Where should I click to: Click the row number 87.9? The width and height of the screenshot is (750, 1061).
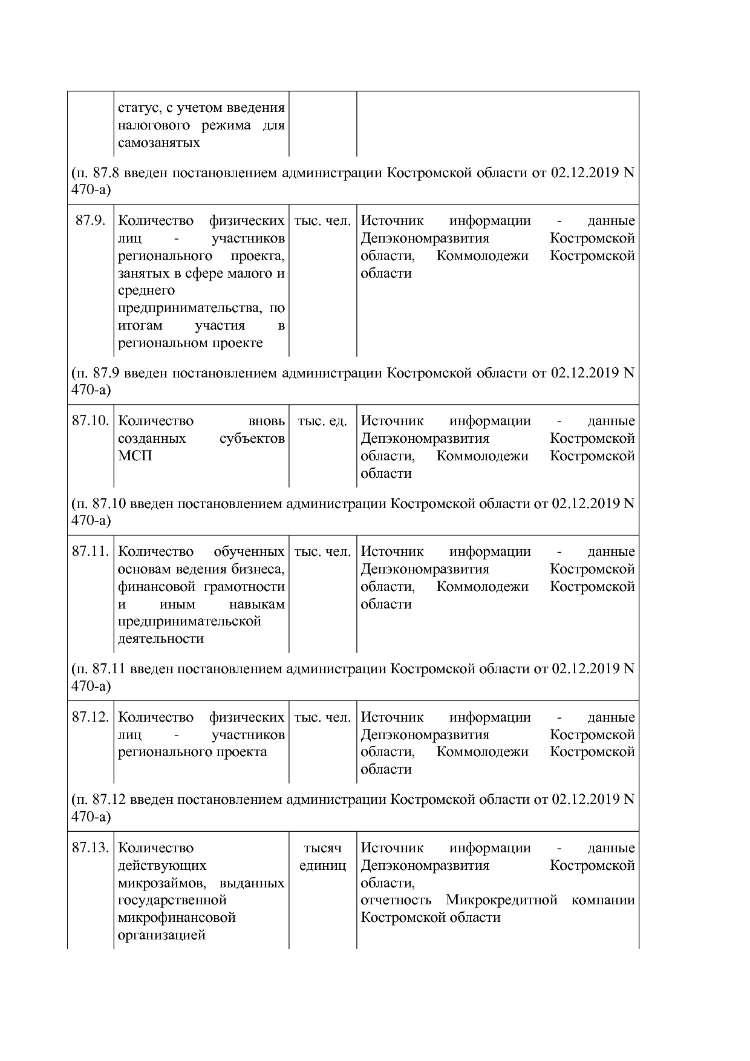tap(90, 221)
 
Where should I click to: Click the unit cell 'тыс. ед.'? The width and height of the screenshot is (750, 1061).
tap(322, 421)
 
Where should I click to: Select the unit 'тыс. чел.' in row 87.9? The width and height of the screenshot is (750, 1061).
tap(322, 221)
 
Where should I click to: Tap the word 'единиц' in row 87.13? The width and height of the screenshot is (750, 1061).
tap(322, 866)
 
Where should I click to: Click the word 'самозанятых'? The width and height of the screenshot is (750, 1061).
tap(159, 143)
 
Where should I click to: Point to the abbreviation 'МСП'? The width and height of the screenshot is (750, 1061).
tap(135, 456)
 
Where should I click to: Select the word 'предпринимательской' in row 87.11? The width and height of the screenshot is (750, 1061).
tap(189, 621)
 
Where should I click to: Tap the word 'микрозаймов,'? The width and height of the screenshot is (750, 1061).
tap(163, 883)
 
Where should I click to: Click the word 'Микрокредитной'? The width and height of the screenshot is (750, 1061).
tap(501, 900)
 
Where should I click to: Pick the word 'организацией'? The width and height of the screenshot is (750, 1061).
tap(161, 935)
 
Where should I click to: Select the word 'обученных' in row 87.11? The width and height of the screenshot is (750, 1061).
tap(249, 552)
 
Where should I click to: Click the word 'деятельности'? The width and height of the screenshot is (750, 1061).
tap(161, 639)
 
